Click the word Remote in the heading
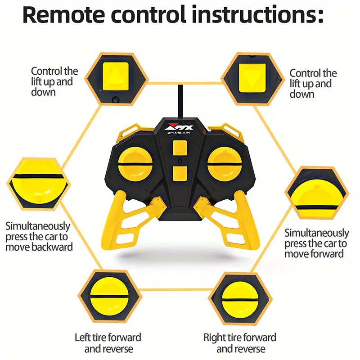click(x=64, y=15)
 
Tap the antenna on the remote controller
click(x=180, y=101)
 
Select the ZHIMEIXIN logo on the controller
click(x=179, y=129)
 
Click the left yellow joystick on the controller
click(x=135, y=164)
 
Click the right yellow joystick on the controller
click(x=225, y=164)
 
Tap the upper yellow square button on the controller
click(x=180, y=148)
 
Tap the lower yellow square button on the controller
click(x=180, y=174)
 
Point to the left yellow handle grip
click(x=129, y=220)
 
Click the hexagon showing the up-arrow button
click(x=116, y=79)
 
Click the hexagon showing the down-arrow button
click(x=252, y=79)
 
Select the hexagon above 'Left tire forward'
click(x=110, y=296)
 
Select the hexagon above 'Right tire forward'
click(x=240, y=298)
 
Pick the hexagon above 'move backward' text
click(x=38, y=184)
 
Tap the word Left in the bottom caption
click(x=82, y=337)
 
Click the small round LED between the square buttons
click(x=180, y=161)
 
